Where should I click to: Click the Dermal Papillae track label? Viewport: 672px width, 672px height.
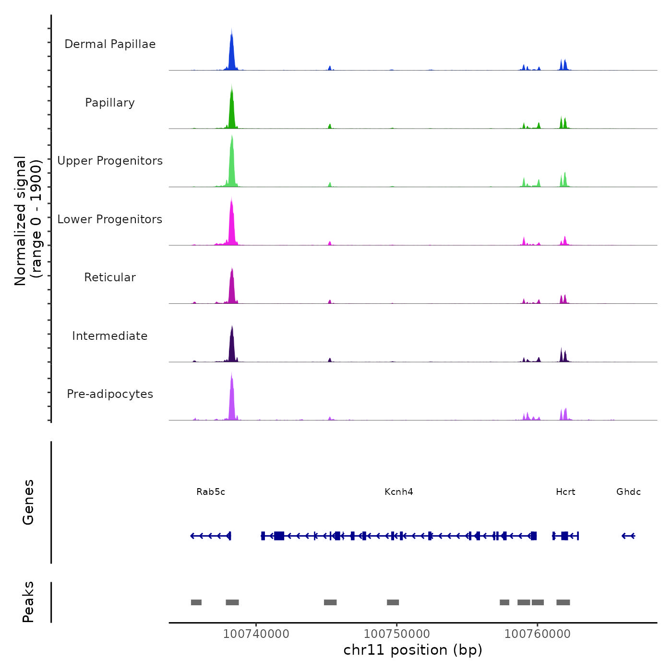click(x=110, y=44)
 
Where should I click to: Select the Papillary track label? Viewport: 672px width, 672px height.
click(x=110, y=103)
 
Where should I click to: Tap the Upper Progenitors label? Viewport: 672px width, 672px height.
click(x=110, y=161)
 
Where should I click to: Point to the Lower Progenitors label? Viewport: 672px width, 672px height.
click(x=110, y=219)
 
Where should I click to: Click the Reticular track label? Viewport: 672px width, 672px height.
click(x=110, y=277)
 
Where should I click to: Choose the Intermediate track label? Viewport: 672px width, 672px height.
click(x=110, y=336)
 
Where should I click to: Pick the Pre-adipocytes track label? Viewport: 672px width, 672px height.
click(x=110, y=394)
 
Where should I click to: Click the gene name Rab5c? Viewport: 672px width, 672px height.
click(x=211, y=492)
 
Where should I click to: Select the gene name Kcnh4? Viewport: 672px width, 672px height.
click(x=399, y=492)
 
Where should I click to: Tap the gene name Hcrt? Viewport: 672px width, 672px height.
click(x=565, y=492)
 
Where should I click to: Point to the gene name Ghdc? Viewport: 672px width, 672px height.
click(x=628, y=492)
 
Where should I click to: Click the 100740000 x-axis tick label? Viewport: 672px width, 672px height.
click(x=256, y=634)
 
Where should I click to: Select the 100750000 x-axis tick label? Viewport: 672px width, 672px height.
click(x=397, y=634)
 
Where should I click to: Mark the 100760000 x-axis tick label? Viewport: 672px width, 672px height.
click(x=538, y=634)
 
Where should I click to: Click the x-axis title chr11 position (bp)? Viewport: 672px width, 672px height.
click(x=413, y=650)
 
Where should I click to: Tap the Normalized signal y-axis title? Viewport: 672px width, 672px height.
click(x=28, y=221)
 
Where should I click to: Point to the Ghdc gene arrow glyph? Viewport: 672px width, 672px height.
click(x=628, y=536)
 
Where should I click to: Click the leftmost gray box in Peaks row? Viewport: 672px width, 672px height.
click(x=196, y=602)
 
